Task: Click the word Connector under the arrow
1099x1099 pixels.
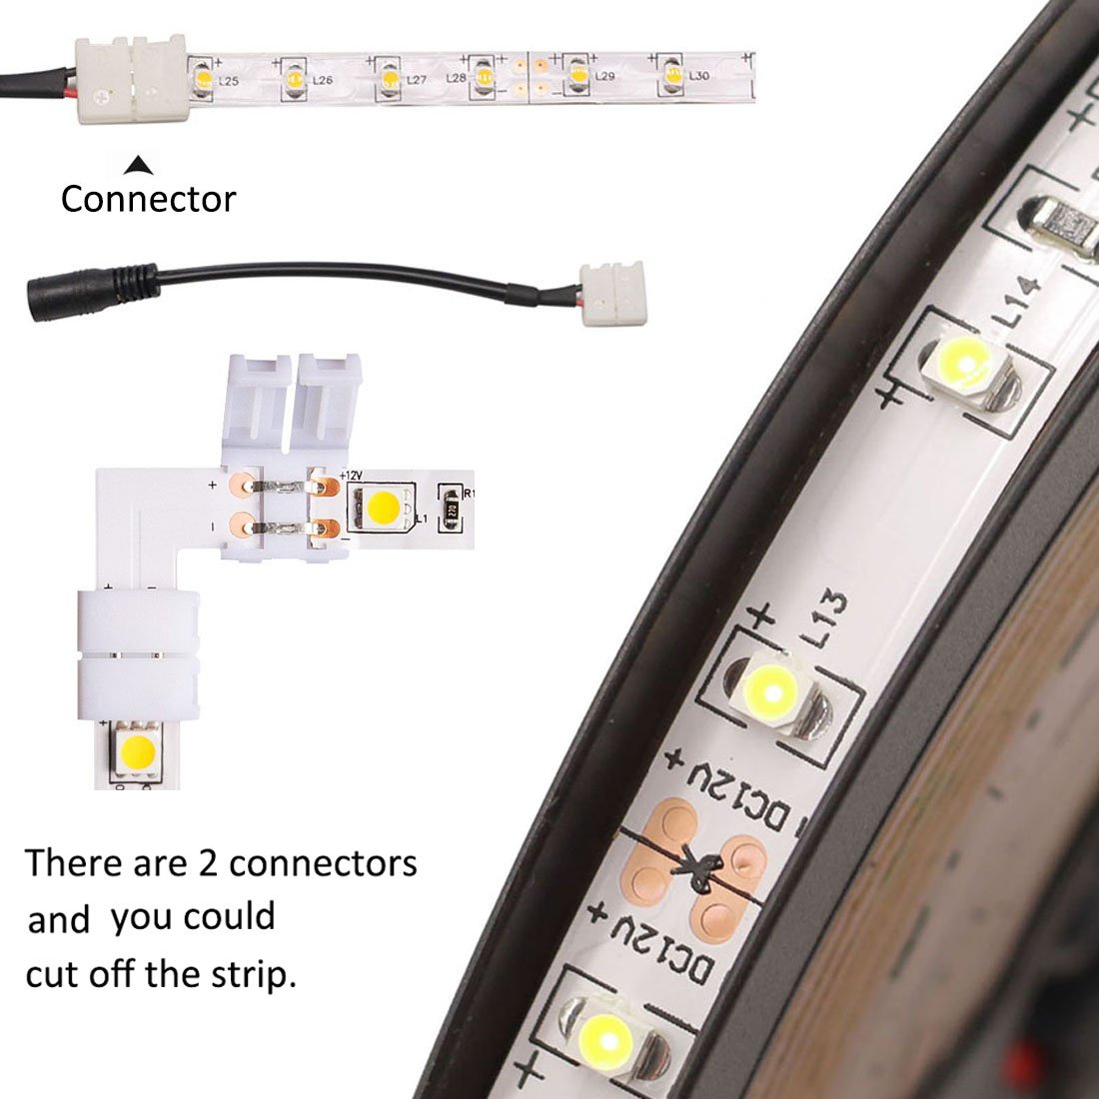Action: point(148,199)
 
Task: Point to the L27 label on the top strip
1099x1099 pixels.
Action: point(417,79)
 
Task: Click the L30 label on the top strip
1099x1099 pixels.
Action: point(698,76)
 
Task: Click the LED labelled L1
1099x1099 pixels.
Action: point(380,508)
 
